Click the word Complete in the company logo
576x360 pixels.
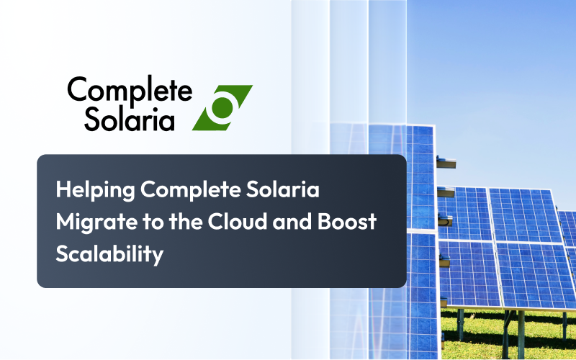[x=130, y=91]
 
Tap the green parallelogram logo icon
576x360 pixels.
[x=222, y=108]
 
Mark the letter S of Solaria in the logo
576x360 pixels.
[x=91, y=119]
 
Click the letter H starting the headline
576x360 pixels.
[x=63, y=191]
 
